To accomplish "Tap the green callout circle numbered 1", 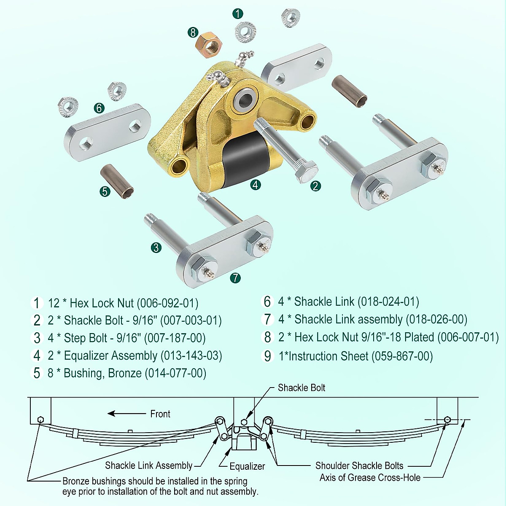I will tap(238, 13).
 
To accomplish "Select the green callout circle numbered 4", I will tap(255, 184).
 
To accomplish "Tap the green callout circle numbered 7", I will tap(235, 278).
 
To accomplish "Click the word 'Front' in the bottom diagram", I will tap(160, 414).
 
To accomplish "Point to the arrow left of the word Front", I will tap(126, 414).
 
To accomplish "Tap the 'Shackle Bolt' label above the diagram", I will tap(301, 388).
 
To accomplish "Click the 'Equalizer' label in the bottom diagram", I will tap(247, 466).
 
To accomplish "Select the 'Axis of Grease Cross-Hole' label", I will tap(370, 478).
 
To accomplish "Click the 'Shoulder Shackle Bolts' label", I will tap(359, 466).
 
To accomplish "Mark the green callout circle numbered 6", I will tap(99, 108).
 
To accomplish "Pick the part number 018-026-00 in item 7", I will tap(436, 320).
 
